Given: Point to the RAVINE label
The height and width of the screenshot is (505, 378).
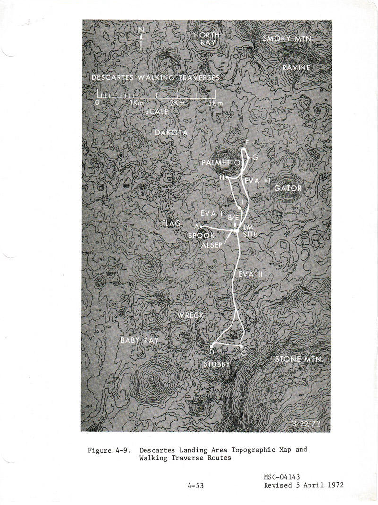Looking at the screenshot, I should coord(296,68).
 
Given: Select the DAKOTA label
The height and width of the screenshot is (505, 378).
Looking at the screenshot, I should coord(171,134).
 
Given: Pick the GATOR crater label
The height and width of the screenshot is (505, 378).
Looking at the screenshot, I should coord(287,188).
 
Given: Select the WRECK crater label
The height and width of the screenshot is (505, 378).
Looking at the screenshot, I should coord(190,315).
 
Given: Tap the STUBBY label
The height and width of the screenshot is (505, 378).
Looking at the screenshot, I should coord(217,364).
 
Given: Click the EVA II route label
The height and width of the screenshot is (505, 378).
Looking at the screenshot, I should coord(247,274).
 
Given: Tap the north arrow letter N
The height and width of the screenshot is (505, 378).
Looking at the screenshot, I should coord(141,30).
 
